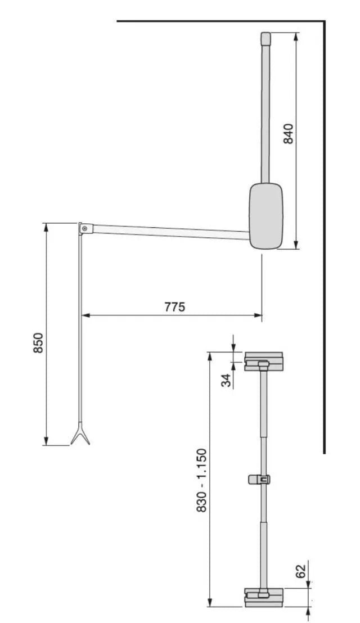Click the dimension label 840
pyautogui.click(x=289, y=134)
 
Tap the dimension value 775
pyautogui.click(x=174, y=307)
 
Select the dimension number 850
pyautogui.click(x=38, y=342)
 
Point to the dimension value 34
pyautogui.click(x=226, y=380)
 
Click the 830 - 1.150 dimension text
pyautogui.click(x=202, y=480)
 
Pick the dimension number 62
pyautogui.click(x=301, y=571)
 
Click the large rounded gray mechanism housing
pyautogui.click(x=266, y=216)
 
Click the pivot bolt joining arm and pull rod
pyautogui.click(x=84, y=228)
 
